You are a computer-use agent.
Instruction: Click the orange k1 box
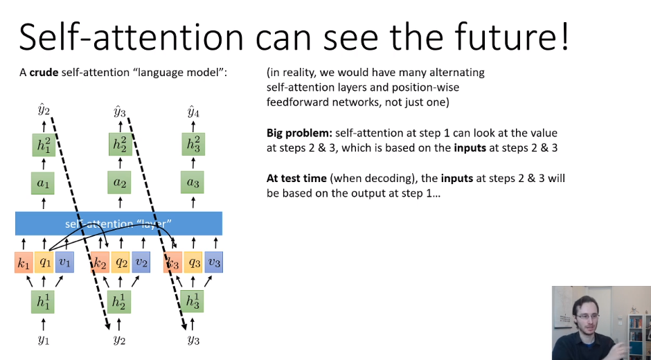pyautogui.click(x=24, y=263)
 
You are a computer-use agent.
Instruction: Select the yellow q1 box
pyautogui.click(x=44, y=263)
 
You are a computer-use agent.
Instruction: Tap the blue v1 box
pyautogui.click(x=64, y=263)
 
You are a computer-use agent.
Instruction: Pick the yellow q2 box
pyautogui.click(x=121, y=263)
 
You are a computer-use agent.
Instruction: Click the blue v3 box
pyautogui.click(x=214, y=263)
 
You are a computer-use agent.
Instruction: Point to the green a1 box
pyautogui.click(x=44, y=183)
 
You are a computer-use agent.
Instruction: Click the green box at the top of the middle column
pyautogui.click(x=120, y=145)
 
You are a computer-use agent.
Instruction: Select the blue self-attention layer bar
pyautogui.click(x=118, y=224)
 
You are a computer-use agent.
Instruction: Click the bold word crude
pyautogui.click(x=44, y=72)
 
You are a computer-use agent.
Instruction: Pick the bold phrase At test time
pyautogui.click(x=296, y=178)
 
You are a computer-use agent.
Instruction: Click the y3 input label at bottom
pyautogui.click(x=194, y=339)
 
